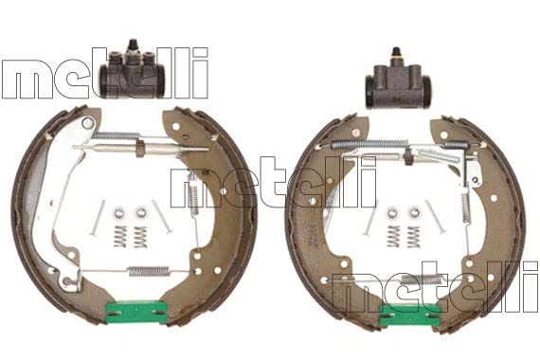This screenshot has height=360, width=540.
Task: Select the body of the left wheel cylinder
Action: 133,75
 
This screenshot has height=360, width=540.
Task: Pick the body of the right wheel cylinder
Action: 398,87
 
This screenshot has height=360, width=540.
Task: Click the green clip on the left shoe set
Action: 136,312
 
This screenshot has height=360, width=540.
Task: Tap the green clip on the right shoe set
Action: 410,315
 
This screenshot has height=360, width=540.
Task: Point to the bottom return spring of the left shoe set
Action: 149,271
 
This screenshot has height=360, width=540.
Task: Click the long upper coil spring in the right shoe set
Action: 369,144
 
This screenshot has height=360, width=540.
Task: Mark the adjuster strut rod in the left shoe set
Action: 140,148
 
